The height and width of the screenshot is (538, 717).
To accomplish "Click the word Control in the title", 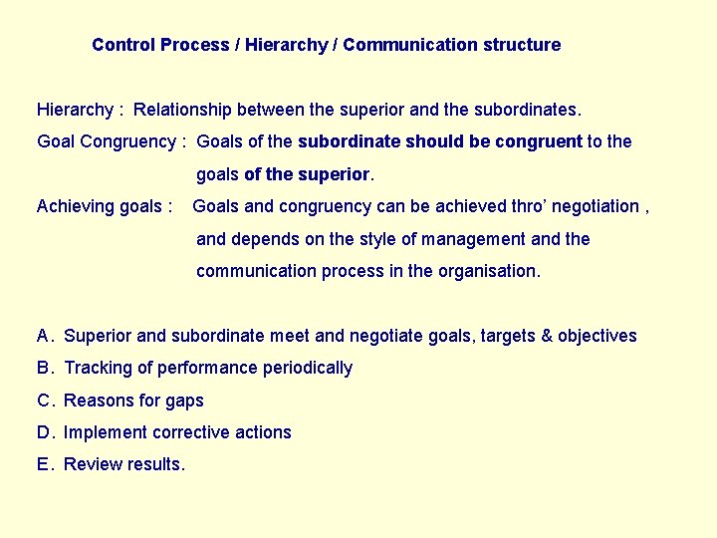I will click(x=122, y=45).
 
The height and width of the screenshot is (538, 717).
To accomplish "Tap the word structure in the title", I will click(x=522, y=45).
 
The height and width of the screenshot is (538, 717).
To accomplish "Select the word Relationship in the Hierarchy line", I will click(x=183, y=109).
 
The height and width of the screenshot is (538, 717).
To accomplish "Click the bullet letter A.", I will click(x=43, y=336).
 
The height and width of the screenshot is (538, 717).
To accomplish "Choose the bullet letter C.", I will click(x=44, y=401).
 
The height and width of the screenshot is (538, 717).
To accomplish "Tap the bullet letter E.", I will click(x=43, y=464).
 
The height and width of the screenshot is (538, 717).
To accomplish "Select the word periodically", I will click(x=308, y=368).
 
